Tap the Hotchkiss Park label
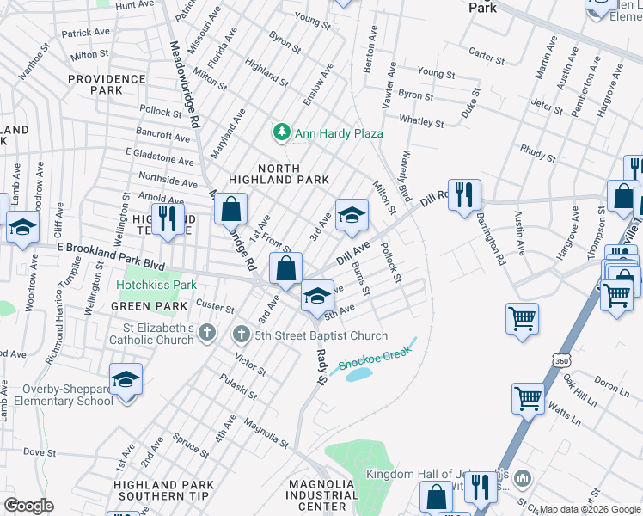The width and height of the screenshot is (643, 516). point(156,285)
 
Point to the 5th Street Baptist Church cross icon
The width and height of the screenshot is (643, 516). point(242,335)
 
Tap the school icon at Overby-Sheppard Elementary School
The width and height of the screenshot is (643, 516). point(126,380)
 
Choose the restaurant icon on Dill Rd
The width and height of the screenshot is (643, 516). point(464,195)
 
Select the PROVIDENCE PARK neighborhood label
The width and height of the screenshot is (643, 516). point(107,84)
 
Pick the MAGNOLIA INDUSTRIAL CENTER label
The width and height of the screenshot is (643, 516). point(322,495)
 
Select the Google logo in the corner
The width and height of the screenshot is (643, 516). point(28,506)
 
